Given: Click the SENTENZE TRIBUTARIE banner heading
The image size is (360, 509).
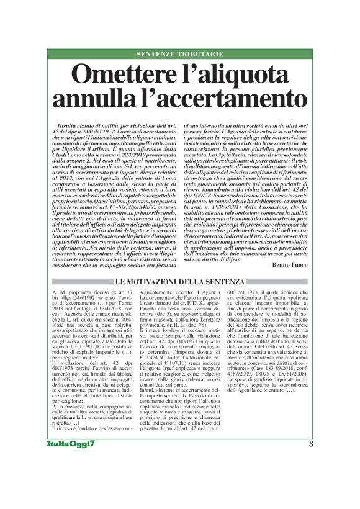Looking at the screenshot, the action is click(x=179, y=54).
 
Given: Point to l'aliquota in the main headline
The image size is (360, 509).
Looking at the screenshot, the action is click(x=239, y=76).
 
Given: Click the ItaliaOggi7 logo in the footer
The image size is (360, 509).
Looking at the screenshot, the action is click(x=73, y=444).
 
